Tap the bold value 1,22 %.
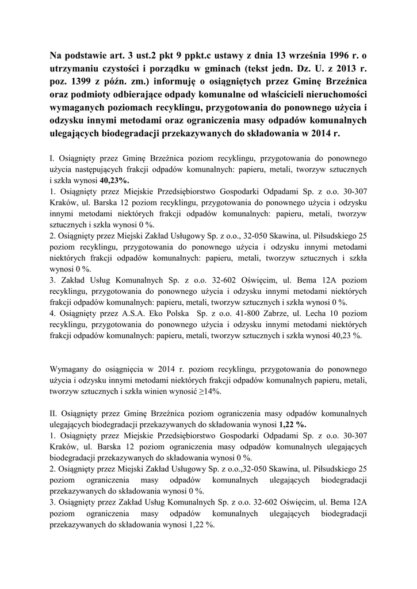coord(293,425)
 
